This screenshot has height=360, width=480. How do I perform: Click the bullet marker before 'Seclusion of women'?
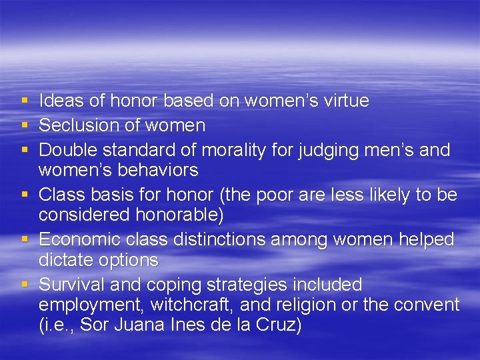pos(25,125)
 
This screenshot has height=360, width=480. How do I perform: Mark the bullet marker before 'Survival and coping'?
pos(25,285)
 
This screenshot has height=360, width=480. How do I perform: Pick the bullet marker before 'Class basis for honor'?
pos(25,194)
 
